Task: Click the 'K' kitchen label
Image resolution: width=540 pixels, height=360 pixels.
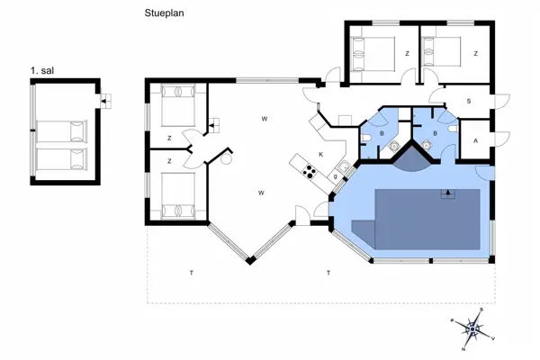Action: [319, 155]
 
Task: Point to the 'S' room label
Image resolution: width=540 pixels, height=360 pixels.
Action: [468, 102]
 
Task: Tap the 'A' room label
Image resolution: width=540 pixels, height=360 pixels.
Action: [474, 141]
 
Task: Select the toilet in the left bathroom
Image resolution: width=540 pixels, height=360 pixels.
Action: [367, 135]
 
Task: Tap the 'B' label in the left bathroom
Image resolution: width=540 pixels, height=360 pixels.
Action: [382, 132]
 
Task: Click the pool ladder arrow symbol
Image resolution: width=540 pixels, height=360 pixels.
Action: [444, 193]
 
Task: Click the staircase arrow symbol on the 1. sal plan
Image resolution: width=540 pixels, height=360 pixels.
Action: [104, 101]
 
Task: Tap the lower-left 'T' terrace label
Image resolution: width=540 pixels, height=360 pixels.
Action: [191, 272]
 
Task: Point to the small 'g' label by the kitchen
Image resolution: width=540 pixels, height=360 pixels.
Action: [334, 176]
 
